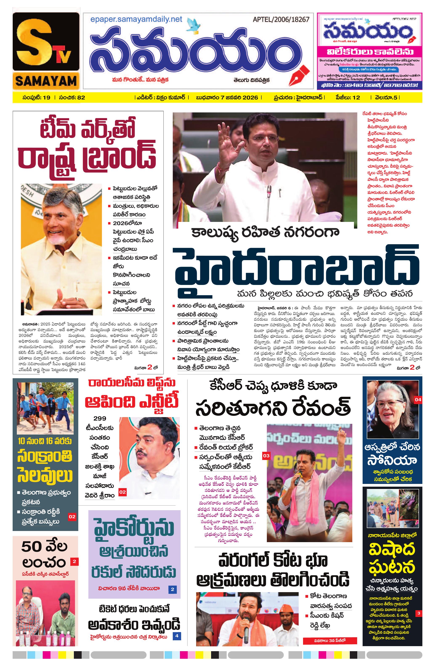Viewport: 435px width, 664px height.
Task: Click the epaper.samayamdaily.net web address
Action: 136,20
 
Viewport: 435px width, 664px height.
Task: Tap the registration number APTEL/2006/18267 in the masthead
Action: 281,20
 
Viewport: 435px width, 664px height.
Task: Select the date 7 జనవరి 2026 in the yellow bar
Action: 239,98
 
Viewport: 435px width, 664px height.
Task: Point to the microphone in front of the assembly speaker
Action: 269,192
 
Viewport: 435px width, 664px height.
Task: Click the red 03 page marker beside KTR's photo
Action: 266,456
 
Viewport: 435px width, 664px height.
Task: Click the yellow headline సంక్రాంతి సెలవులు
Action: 45,466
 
